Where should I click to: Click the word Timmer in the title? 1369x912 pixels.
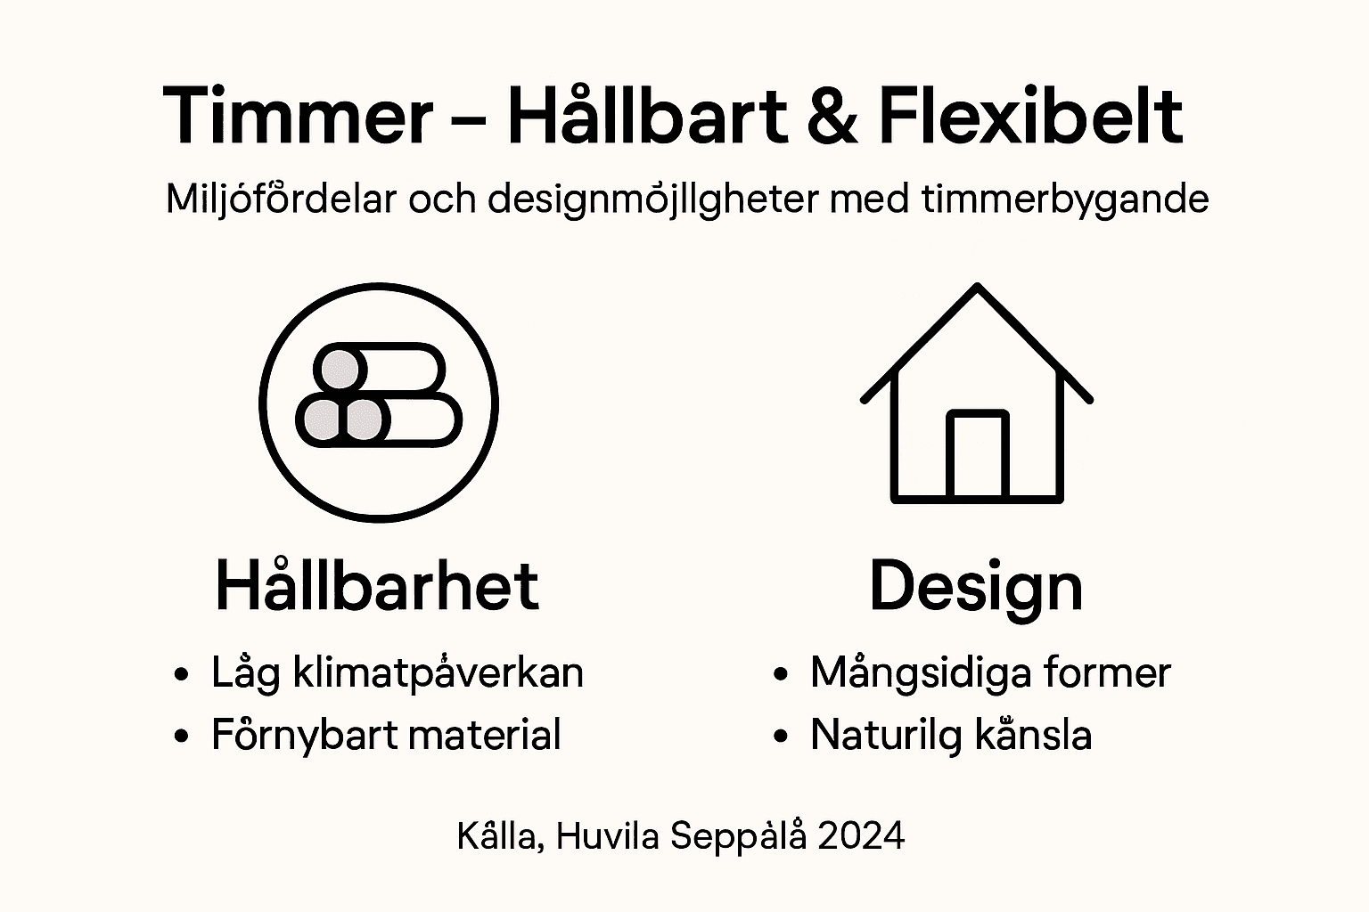(298, 116)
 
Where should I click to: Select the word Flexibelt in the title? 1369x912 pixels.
(1030, 116)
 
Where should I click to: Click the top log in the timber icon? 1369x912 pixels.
(379, 369)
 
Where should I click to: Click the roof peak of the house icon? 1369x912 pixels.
(977, 289)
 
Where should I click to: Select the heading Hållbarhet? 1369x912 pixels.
(377, 586)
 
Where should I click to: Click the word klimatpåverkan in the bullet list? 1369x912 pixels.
(438, 673)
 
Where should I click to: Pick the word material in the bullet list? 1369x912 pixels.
(485, 736)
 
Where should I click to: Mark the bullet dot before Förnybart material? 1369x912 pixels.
(182, 737)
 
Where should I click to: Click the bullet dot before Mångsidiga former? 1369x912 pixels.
(782, 674)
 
